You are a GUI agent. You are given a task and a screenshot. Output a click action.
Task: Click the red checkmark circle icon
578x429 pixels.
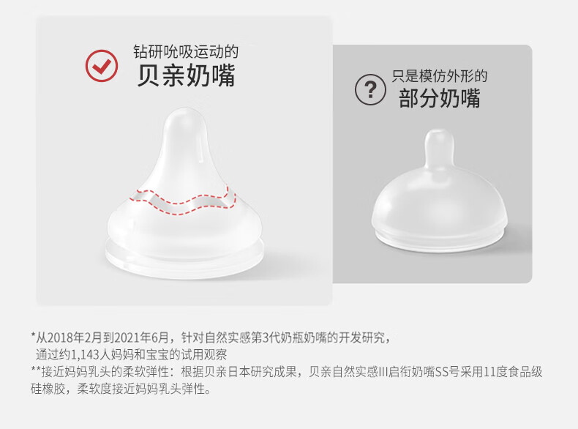[x=102, y=66]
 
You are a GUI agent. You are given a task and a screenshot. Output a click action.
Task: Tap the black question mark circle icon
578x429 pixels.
[x=370, y=89]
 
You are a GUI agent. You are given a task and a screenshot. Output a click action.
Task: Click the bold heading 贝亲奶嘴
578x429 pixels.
[x=186, y=75]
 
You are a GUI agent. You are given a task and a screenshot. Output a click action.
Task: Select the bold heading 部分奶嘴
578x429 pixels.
[x=440, y=98]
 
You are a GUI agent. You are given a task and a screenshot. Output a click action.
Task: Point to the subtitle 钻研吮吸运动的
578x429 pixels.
[x=186, y=52]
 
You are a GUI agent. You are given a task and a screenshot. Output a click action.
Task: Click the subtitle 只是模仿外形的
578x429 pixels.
[x=440, y=76]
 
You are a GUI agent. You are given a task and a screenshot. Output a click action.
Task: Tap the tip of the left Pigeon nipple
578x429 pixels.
[x=185, y=109]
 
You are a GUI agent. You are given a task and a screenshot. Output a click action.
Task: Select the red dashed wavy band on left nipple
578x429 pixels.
[x=183, y=201]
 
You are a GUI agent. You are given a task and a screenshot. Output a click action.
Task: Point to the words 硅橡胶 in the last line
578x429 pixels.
[x=48, y=389]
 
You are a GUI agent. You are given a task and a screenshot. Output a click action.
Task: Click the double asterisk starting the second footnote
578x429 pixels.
[x=36, y=370]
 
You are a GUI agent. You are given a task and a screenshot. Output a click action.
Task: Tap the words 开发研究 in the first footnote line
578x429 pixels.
[x=361, y=337]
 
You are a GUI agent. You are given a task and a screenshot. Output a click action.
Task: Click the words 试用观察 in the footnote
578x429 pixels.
[x=203, y=354]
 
